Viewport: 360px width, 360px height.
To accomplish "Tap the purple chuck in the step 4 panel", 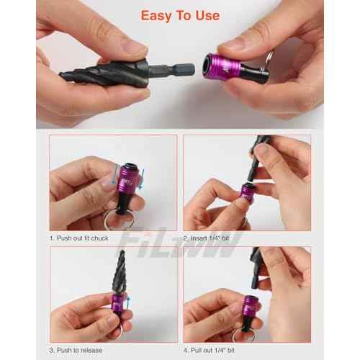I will click(253, 310).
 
